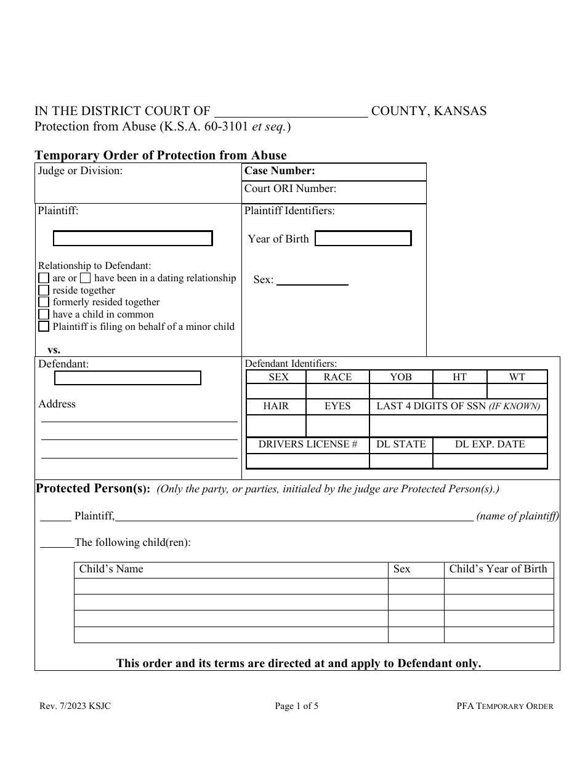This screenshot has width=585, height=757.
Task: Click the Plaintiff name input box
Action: click(132, 239)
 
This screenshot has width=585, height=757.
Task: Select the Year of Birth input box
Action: click(363, 239)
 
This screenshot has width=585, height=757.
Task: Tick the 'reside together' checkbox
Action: click(44, 290)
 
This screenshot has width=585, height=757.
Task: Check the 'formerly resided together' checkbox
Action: click(44, 302)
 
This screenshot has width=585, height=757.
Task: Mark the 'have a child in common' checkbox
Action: click(44, 314)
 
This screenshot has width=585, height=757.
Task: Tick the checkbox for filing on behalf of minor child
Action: click(44, 327)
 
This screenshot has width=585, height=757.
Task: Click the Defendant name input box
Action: click(127, 378)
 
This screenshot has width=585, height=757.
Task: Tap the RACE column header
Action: click(337, 377)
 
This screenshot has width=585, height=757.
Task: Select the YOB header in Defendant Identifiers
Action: click(401, 377)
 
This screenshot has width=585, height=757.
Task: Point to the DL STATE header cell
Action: click(401, 444)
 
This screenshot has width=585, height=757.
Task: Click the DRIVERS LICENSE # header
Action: click(307, 444)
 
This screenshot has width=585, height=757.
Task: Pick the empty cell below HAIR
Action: click(276, 426)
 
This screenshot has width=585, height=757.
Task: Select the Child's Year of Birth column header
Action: click(498, 569)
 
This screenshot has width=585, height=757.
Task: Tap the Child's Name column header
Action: click(111, 569)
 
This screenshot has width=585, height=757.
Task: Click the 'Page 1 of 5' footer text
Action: click(296, 707)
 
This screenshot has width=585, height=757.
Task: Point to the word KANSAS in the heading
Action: click(461, 111)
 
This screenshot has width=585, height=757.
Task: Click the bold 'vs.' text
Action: click(54, 350)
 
